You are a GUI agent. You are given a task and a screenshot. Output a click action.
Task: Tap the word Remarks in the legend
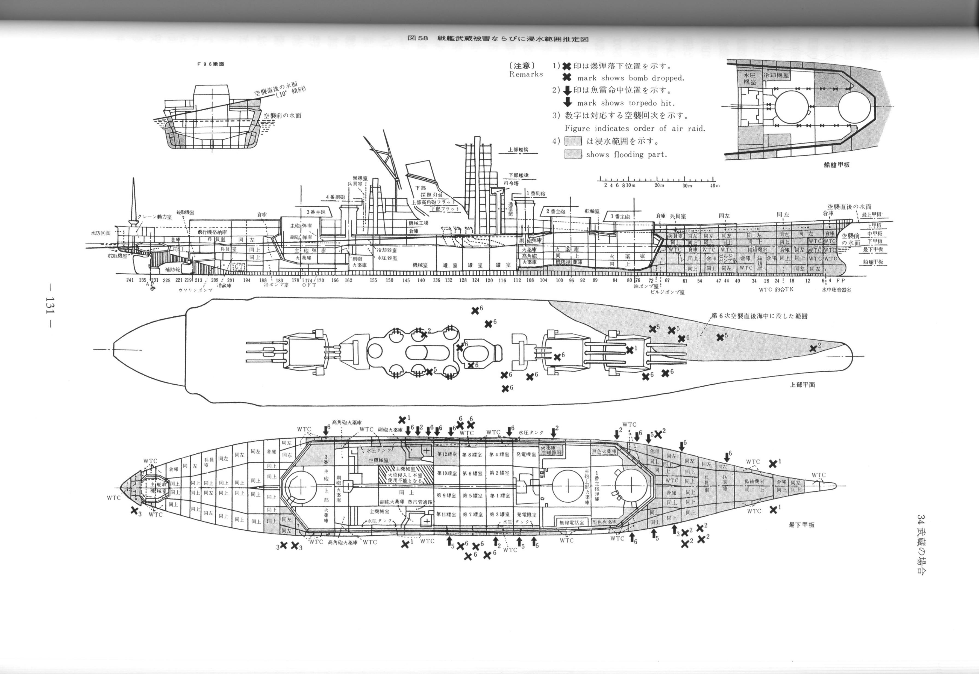(526, 74)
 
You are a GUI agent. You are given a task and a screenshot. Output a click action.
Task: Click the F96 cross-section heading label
(210, 64)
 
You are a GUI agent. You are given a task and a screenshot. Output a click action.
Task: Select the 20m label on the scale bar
(659, 185)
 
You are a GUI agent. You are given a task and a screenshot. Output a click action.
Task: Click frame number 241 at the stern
(130, 280)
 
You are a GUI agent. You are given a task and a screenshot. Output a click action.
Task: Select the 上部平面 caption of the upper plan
(802, 385)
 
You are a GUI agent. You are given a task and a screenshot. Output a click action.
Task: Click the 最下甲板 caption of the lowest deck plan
(801, 525)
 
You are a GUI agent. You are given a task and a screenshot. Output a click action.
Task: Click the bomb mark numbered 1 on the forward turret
(630, 349)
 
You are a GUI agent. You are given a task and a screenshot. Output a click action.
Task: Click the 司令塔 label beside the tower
(511, 183)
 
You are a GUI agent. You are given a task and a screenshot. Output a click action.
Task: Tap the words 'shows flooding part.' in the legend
(626, 155)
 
